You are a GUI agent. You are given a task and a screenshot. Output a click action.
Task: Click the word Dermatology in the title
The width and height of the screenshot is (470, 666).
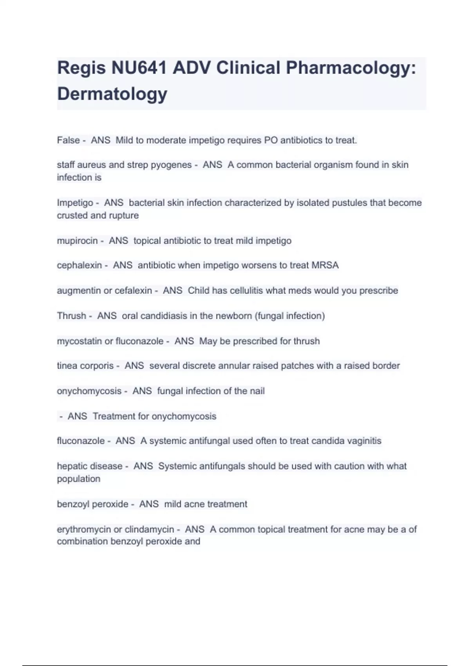112,94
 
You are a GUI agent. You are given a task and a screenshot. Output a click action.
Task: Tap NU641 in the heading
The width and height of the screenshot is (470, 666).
139,68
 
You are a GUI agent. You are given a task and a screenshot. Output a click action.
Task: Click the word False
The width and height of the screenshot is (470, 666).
68,140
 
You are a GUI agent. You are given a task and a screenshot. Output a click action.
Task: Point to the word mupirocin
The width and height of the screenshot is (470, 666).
77,241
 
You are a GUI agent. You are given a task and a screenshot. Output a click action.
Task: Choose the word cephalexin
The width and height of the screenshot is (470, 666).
79,265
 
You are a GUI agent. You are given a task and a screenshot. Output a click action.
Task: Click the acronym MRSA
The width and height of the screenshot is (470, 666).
325,265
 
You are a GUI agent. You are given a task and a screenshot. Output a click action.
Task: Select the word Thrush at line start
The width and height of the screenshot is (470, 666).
71,316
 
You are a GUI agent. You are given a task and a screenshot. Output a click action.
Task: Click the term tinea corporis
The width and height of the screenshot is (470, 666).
85,366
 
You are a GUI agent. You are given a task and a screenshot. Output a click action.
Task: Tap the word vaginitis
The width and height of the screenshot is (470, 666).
363,441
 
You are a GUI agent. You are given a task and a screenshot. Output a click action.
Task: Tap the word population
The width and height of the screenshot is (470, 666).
78,479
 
